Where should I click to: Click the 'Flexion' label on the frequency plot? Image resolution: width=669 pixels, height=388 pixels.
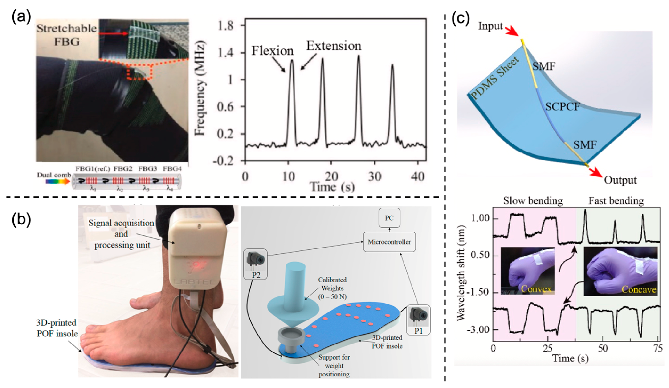272,51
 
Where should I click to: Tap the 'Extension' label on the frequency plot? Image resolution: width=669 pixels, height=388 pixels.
334,46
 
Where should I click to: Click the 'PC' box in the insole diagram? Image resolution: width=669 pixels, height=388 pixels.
389,218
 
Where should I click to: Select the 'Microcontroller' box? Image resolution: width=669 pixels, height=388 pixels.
389,242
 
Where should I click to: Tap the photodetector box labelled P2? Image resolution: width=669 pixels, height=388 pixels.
255,264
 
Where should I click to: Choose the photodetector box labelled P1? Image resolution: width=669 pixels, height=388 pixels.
418,320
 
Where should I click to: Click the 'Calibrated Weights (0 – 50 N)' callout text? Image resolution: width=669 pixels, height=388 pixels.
332,288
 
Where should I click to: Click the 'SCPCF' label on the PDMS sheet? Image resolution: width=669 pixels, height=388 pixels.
562,107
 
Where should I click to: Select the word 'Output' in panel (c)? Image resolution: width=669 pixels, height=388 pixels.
620,180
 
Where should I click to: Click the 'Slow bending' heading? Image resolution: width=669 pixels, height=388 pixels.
533,201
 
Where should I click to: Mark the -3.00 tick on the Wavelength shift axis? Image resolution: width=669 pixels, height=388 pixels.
480,330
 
